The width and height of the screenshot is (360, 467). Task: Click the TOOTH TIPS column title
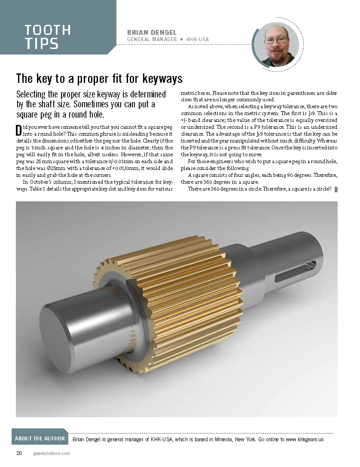pos(47,36)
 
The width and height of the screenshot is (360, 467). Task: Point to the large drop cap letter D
pos(18,131)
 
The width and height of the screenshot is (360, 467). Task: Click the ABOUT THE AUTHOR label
pos(40,438)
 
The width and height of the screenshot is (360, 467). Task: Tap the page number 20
pos(19,453)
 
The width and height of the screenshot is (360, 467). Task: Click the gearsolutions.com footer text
pos(52,453)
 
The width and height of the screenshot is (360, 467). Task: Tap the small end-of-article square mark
pos(336,189)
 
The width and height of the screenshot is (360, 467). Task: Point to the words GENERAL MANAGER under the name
pos(152,40)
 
